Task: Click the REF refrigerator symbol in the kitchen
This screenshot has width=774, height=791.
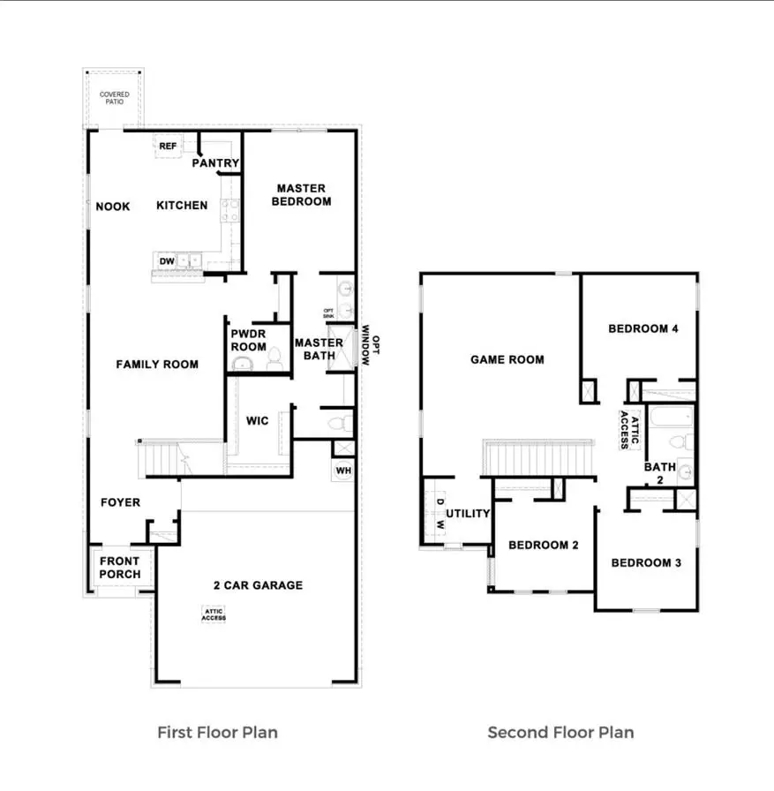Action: coord(167,147)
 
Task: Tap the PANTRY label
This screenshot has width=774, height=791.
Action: coord(215,163)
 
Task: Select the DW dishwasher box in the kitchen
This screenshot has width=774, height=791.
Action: coord(167,260)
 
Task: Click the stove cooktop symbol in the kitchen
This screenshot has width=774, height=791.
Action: coord(229,210)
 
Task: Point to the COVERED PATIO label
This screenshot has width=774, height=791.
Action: coord(113,98)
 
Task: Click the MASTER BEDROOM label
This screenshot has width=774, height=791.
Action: coord(302,194)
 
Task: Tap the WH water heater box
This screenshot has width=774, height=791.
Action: coord(343,471)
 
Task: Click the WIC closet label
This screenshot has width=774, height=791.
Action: coord(258,421)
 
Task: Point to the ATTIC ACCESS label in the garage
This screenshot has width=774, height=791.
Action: coord(214,614)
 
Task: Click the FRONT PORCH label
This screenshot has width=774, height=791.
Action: coord(119,568)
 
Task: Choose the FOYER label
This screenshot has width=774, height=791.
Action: coord(120,502)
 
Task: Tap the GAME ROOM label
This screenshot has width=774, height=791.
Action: coord(507,359)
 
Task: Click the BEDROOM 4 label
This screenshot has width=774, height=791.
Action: coord(643,328)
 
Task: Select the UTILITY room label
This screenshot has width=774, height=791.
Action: coord(468,514)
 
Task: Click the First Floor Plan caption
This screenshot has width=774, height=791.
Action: coord(217,732)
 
